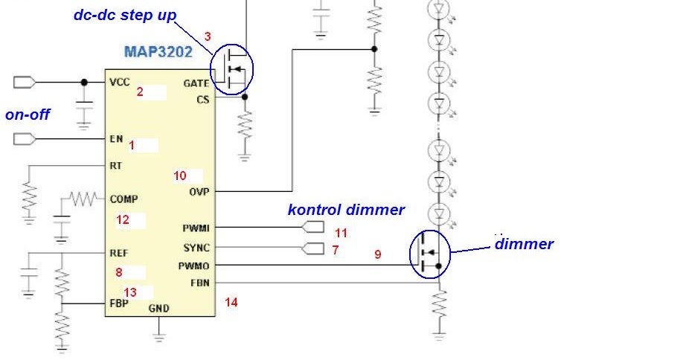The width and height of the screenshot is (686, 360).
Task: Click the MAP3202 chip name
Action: point(158,51)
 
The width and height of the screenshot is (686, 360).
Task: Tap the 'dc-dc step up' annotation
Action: point(125,15)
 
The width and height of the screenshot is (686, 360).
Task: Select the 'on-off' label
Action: point(28,115)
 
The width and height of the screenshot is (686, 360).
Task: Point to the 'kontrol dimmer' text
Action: point(346,210)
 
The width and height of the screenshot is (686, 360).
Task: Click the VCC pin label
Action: point(120,83)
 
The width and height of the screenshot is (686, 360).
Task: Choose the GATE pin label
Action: point(196,83)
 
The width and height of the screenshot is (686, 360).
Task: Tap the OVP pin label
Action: point(199,192)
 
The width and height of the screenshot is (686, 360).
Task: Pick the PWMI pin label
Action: point(196,228)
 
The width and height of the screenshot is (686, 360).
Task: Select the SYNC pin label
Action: point(196,248)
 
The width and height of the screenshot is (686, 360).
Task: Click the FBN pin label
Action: point(200,283)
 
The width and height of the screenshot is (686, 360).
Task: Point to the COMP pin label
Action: point(124,199)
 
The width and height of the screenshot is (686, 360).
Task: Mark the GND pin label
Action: point(158,309)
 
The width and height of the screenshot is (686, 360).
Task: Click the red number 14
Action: point(231,302)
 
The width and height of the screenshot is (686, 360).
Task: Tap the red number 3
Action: point(208,36)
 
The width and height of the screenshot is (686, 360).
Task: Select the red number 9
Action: point(378,254)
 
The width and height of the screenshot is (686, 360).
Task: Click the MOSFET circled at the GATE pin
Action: point(232,69)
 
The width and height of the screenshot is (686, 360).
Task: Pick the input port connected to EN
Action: point(25,139)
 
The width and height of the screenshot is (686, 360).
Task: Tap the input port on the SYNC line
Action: point(312,248)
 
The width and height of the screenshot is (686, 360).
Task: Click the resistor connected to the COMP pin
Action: point(84,199)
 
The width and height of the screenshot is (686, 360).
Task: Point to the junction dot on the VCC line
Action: point(84,83)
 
